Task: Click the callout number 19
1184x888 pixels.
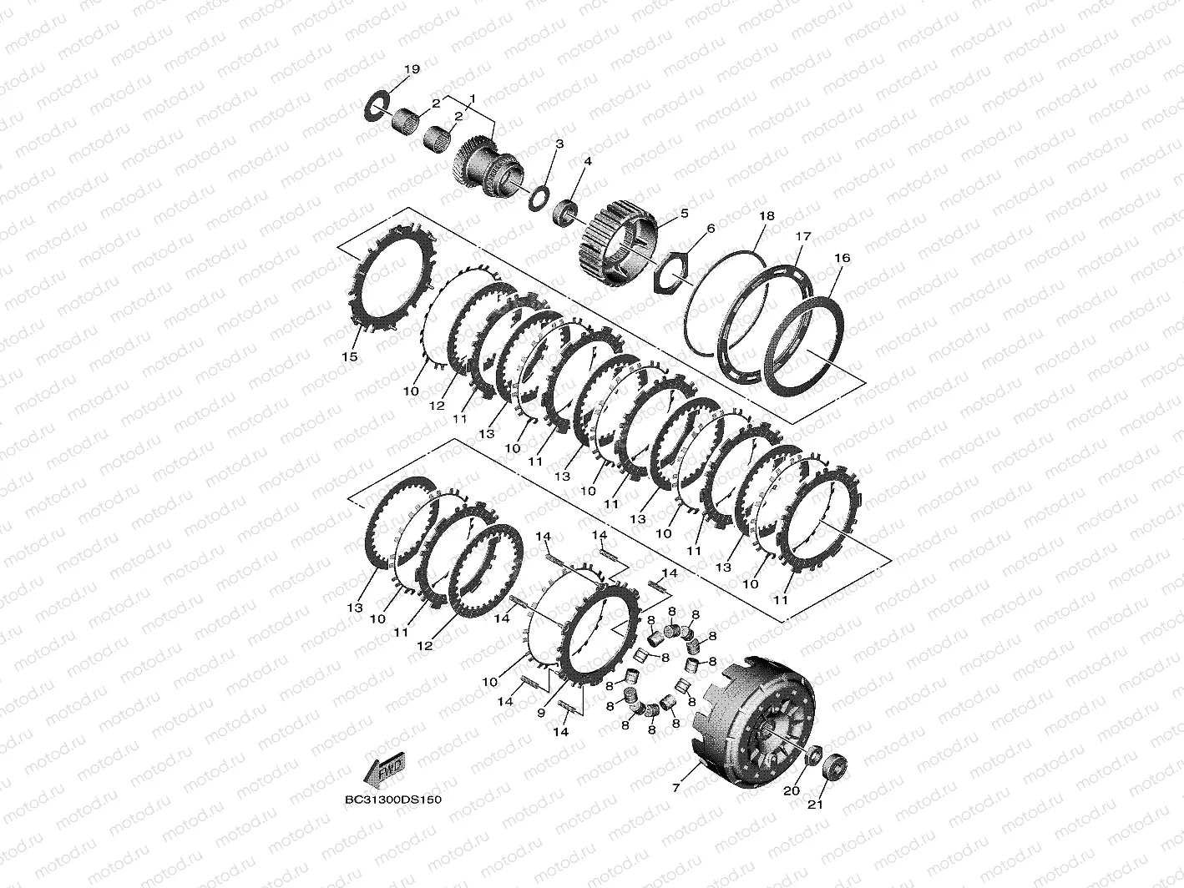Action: (x=412, y=69)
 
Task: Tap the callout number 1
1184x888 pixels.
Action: (x=473, y=98)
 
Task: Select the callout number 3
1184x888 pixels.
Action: (x=559, y=144)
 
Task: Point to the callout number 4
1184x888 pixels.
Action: (x=588, y=161)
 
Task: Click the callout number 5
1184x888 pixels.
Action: (x=685, y=214)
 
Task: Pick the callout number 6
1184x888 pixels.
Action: (x=711, y=229)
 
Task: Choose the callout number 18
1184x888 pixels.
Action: (x=767, y=216)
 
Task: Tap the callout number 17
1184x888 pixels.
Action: (x=803, y=237)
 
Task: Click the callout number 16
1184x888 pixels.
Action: (x=842, y=258)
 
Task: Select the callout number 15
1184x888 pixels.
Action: (x=350, y=356)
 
